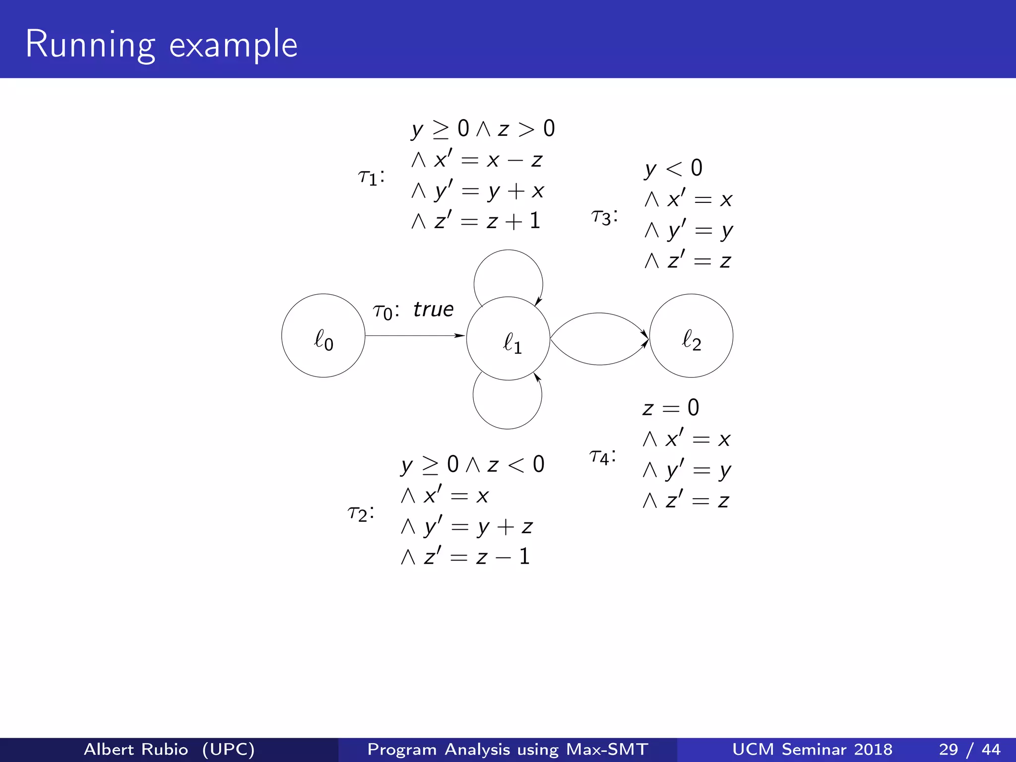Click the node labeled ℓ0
pyautogui.click(x=323, y=336)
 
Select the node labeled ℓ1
pyautogui.click(x=508, y=339)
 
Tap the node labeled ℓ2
pyautogui.click(x=691, y=336)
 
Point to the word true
pyautogui.click(x=433, y=310)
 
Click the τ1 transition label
pyautogui.click(x=371, y=177)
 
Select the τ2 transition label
pyautogui.click(x=361, y=513)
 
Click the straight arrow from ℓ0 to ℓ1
pyautogui.click(x=415, y=336)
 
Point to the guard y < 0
pyautogui.click(x=673, y=169)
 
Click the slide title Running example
pyautogui.click(x=162, y=45)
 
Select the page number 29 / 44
pyautogui.click(x=969, y=749)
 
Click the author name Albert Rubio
pyautogui.click(x=136, y=749)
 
